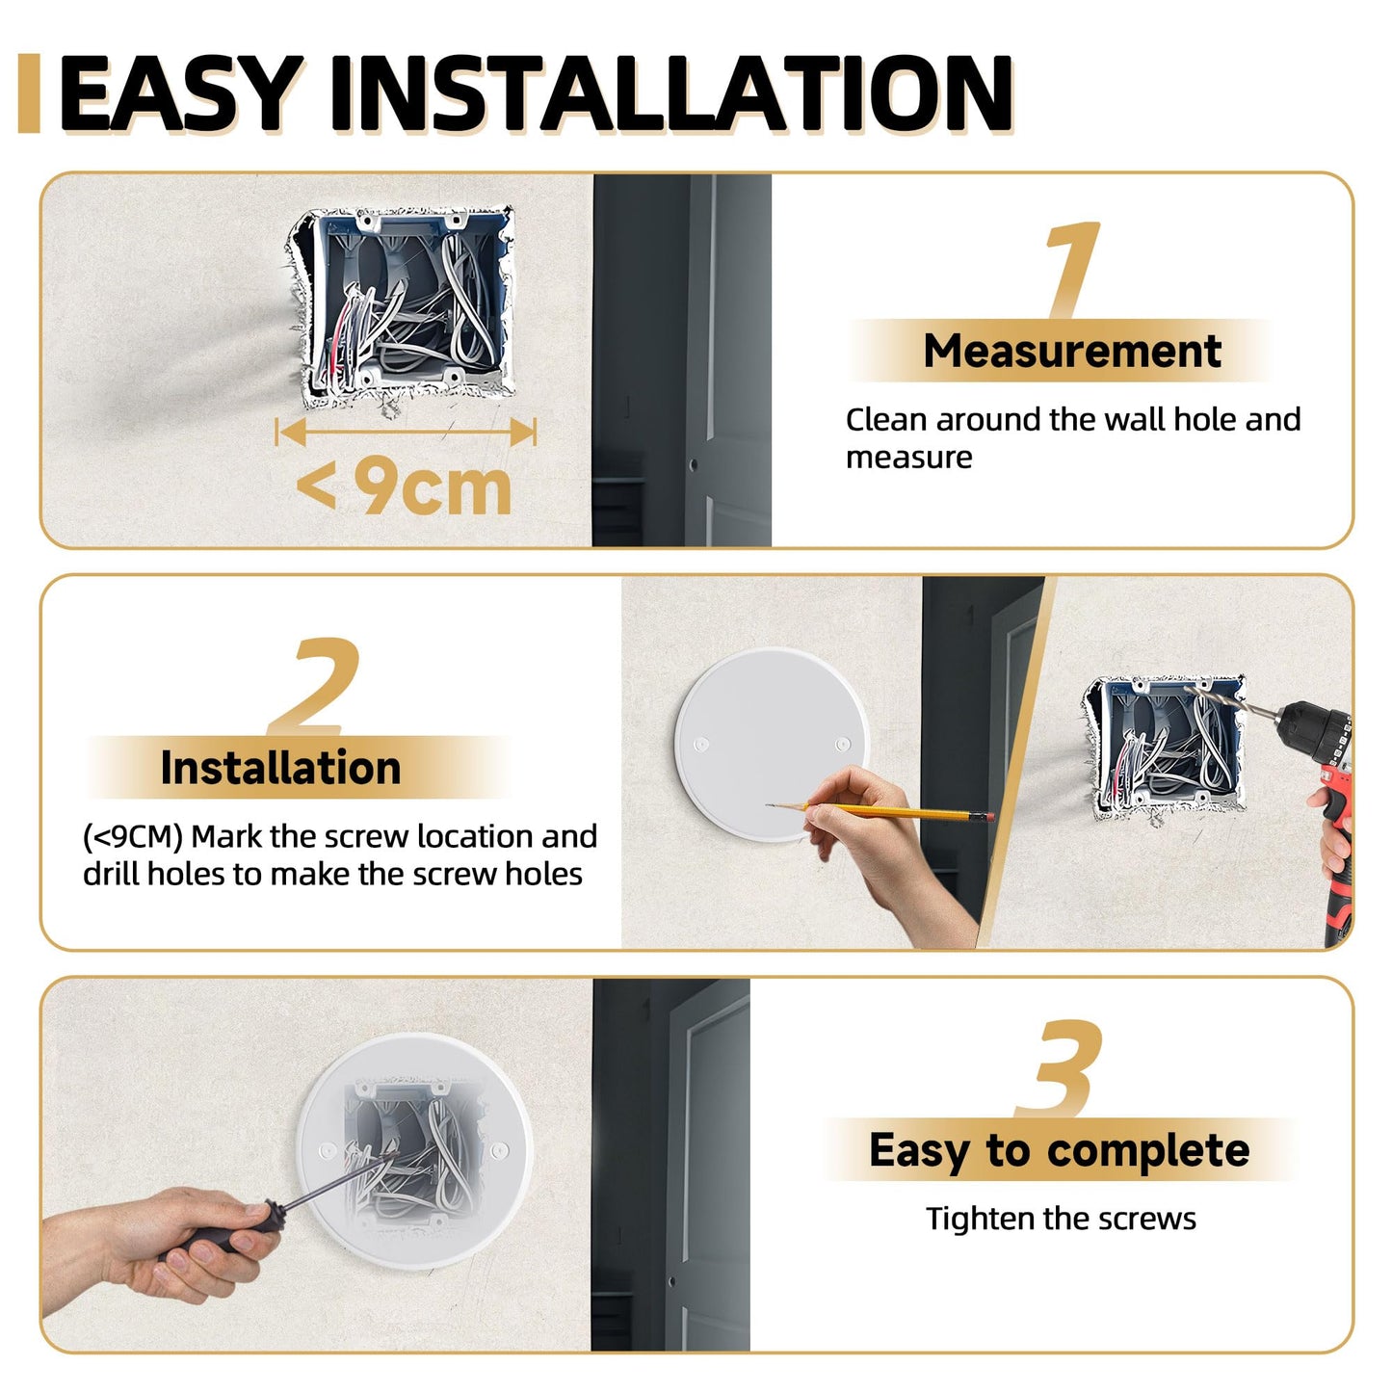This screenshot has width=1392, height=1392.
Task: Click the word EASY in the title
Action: pyautogui.click(x=178, y=93)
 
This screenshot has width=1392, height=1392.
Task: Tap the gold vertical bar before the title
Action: pyautogui.click(x=29, y=93)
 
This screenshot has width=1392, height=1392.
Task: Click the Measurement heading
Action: pyautogui.click(x=1071, y=351)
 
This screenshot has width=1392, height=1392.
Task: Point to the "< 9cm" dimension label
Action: pyautogui.click(x=405, y=487)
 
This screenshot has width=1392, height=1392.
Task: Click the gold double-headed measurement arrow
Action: pyautogui.click(x=406, y=432)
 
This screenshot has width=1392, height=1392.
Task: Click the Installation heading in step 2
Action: pyautogui.click(x=280, y=768)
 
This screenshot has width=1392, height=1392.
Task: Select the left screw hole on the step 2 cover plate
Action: pyautogui.click(x=701, y=745)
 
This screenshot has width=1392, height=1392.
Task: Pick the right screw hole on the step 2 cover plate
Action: pyautogui.click(x=842, y=745)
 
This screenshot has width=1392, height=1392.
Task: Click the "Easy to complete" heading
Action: pyautogui.click(x=1059, y=1150)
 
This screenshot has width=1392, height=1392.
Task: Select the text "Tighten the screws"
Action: pyautogui.click(x=1061, y=1219)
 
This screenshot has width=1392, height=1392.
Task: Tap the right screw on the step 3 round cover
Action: pyautogui.click(x=500, y=1150)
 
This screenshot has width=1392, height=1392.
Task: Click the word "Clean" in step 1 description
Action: pyautogui.click(x=886, y=420)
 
